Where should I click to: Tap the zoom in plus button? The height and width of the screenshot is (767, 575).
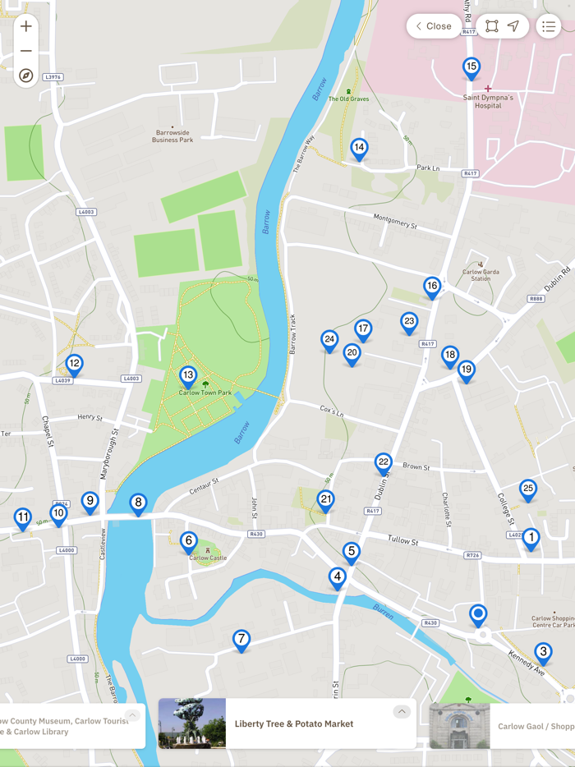coord(26,26)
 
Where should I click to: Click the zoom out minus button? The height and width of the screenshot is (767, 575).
coord(26,51)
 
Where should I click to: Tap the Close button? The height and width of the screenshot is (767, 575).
coord(434,26)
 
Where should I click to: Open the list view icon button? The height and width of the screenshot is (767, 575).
coord(549,26)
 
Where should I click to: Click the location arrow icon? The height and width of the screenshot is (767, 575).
coord(513,26)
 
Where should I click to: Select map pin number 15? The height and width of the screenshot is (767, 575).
coord(471,67)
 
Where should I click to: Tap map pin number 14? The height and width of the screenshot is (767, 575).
coord(359,149)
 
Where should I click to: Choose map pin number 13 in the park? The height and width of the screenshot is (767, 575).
coord(188,375)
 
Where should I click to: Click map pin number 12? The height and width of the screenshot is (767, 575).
coord(74,364)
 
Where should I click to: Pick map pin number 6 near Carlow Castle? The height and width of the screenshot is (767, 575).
coord(189,540)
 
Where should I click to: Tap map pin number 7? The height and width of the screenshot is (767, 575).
coord(241,639)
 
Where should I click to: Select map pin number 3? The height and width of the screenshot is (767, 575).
coord(543,652)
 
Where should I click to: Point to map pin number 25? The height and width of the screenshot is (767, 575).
coord(528,489)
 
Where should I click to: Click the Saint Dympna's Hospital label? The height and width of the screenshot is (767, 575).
coord(488,101)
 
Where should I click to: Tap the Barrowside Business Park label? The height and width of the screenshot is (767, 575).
coord(172,136)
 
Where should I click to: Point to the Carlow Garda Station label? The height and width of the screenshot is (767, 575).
coord(476,275)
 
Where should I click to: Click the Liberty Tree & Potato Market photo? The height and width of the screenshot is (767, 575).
coord(192,723)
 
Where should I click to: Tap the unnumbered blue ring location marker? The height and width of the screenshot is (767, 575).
coord(478,613)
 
